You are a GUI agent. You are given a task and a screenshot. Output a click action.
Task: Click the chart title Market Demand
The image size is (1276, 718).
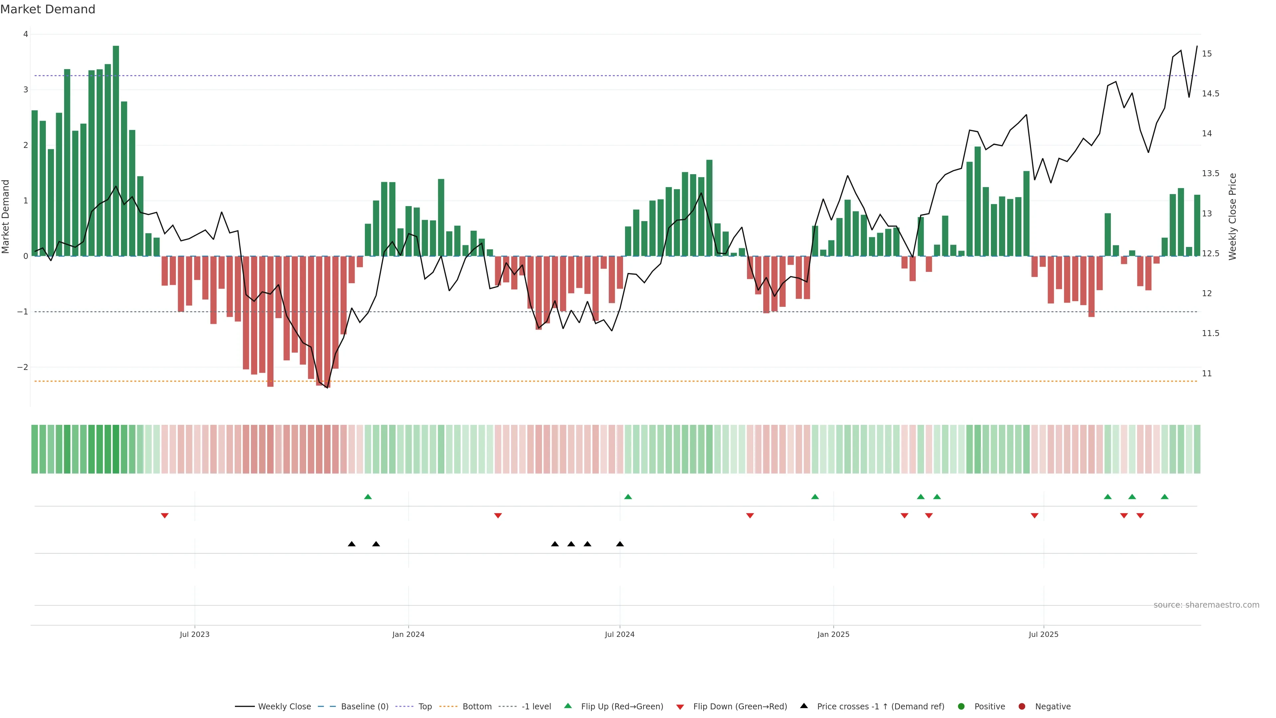point(48,9)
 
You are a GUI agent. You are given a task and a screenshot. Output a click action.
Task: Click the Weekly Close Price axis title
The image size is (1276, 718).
point(1232,216)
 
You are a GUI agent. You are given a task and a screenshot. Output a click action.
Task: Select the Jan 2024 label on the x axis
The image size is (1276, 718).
point(408,634)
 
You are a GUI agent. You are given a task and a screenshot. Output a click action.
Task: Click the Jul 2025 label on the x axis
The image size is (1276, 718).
point(1043,634)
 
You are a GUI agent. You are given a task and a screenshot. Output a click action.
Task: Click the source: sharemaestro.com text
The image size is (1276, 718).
point(1206,605)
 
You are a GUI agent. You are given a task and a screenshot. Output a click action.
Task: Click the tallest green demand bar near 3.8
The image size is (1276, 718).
point(116,149)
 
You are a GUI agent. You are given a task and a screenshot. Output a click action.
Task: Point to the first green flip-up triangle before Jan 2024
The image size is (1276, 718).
point(368,497)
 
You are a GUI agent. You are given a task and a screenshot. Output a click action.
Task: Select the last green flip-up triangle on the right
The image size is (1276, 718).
point(1165,497)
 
